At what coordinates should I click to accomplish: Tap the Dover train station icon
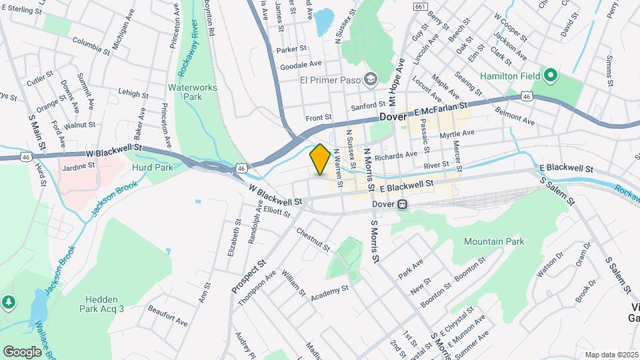(x=402, y=205)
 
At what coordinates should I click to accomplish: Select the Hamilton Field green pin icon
(x=550, y=75)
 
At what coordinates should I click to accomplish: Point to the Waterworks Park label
(x=185, y=92)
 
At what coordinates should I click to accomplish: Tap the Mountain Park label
(x=494, y=241)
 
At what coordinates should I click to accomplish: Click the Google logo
(x=23, y=351)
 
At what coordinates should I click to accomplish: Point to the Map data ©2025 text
(x=611, y=355)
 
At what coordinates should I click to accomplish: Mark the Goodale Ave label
(x=301, y=65)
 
